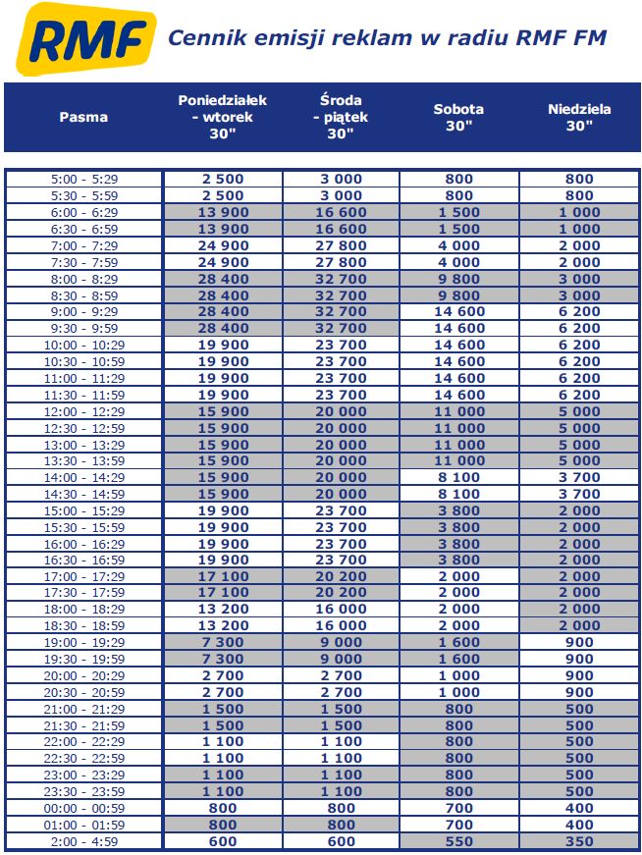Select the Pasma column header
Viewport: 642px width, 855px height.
pyautogui.click(x=83, y=117)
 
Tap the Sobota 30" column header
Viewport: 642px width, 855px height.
pyautogui.click(x=458, y=117)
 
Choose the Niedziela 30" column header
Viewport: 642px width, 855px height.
pyautogui.click(x=579, y=117)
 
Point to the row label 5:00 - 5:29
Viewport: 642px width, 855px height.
pyautogui.click(x=83, y=179)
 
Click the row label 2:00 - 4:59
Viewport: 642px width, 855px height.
pyautogui.click(x=83, y=841)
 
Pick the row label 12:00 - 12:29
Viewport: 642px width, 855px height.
pyautogui.click(x=83, y=411)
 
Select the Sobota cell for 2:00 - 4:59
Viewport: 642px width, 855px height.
pyautogui.click(x=458, y=841)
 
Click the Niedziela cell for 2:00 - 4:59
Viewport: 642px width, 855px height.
pyautogui.click(x=579, y=841)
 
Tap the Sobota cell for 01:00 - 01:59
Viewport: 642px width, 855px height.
pyautogui.click(x=458, y=825)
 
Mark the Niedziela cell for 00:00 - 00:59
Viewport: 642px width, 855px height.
pyautogui.click(x=579, y=808)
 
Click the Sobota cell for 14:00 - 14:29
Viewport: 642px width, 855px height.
pyautogui.click(x=458, y=477)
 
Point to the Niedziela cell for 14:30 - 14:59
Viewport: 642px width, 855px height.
pyautogui.click(x=579, y=494)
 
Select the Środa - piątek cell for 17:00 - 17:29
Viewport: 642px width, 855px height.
pyautogui.click(x=341, y=576)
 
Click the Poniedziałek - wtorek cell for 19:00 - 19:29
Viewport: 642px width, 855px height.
pyautogui.click(x=223, y=642)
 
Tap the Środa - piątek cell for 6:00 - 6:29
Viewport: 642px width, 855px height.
pyautogui.click(x=341, y=212)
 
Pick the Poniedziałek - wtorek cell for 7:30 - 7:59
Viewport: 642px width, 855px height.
pyautogui.click(x=223, y=262)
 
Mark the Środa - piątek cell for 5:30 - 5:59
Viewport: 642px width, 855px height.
pyautogui.click(x=341, y=195)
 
